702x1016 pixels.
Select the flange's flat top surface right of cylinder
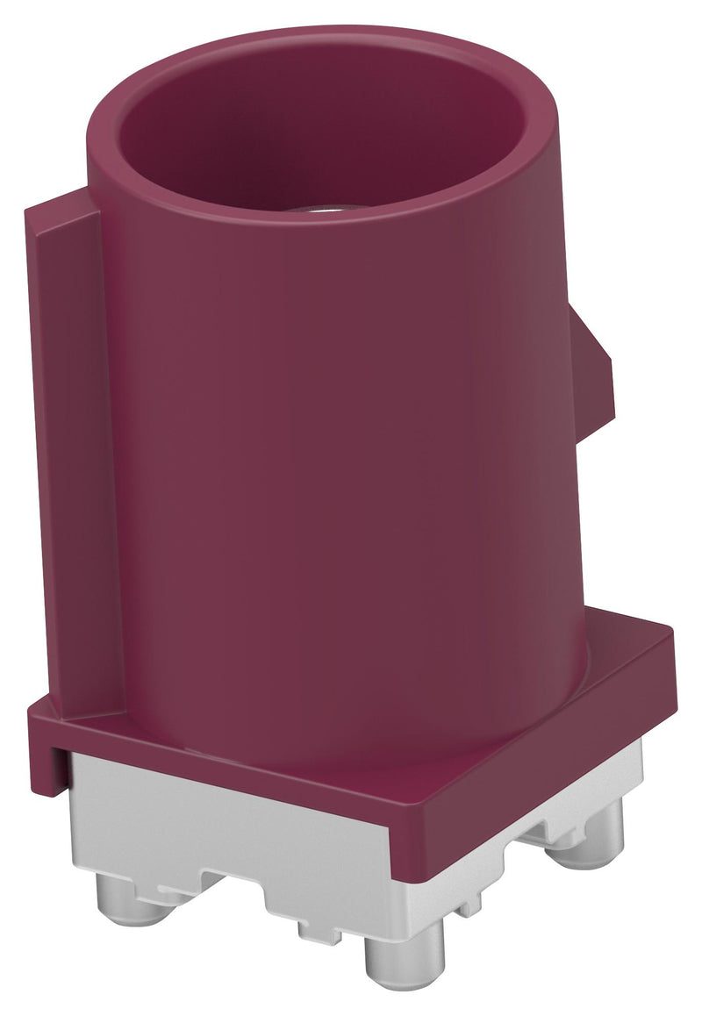(x=614, y=645)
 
